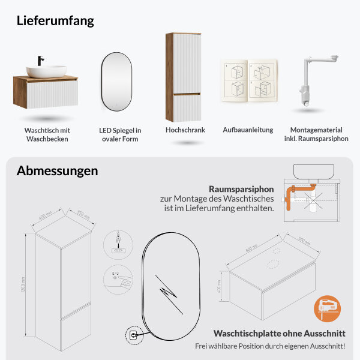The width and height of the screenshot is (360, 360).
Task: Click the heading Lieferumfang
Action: [55, 20]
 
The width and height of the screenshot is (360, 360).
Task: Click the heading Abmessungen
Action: [57, 170]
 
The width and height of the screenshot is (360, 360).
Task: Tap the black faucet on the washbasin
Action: [41, 61]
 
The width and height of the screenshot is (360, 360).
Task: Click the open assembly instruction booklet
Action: [248, 81]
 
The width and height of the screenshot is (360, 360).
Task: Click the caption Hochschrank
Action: [185, 130]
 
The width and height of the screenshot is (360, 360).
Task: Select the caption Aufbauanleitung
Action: [248, 130]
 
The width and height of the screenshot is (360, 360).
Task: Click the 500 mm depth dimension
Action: [305, 241]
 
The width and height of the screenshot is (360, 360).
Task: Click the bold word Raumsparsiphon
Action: [241, 188]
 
